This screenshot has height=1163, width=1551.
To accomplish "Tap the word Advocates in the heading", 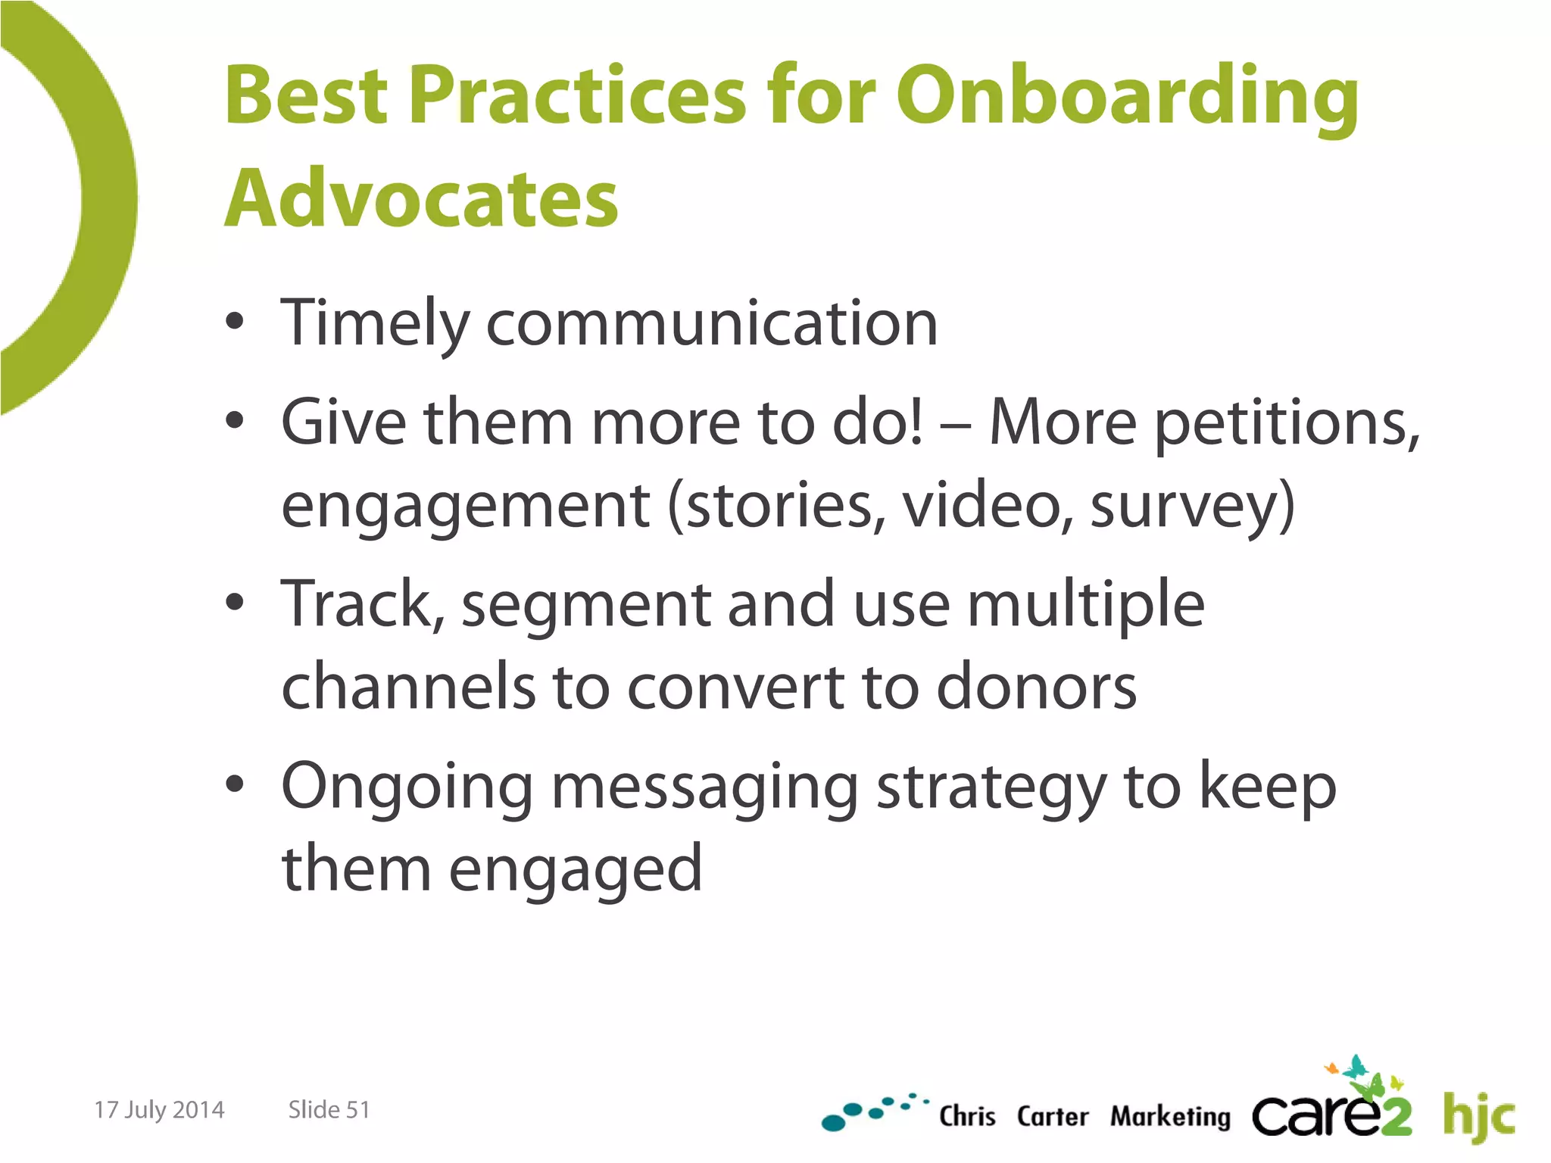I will click(x=421, y=198).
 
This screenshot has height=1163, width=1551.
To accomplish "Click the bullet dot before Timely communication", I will click(x=235, y=321).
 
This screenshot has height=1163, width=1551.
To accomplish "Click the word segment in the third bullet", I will click(x=586, y=605).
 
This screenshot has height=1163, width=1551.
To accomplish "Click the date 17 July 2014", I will click(x=159, y=1109).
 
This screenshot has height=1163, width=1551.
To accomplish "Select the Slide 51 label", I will click(x=329, y=1109).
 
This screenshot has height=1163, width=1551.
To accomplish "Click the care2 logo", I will click(x=1331, y=1110).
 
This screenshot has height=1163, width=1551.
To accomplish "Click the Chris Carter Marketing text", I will click(x=1084, y=1116).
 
